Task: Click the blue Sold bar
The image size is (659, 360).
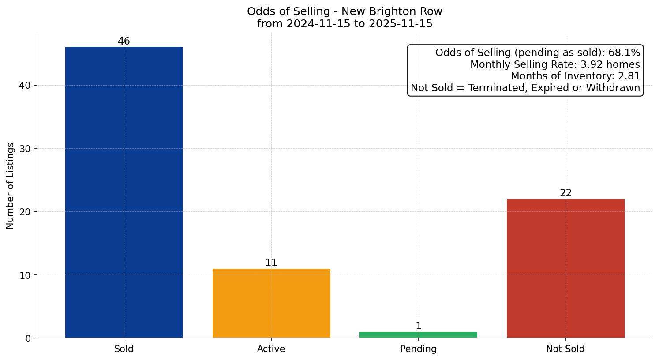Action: pyautogui.click(x=124, y=192)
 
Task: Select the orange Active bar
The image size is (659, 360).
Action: pyautogui.click(x=271, y=303)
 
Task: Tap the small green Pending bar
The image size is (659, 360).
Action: pyautogui.click(x=418, y=335)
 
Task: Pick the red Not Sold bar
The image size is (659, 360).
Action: pyautogui.click(x=565, y=268)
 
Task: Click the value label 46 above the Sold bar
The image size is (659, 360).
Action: pyautogui.click(x=124, y=41)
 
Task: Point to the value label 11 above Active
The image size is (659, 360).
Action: pyautogui.click(x=271, y=263)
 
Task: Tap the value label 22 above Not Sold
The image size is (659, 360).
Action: pyautogui.click(x=565, y=193)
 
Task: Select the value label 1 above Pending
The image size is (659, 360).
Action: pyautogui.click(x=418, y=326)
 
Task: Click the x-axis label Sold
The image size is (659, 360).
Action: pyautogui.click(x=124, y=349)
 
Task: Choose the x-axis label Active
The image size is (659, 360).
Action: pyautogui.click(x=271, y=349)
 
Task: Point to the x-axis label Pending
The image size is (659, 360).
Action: pyautogui.click(x=418, y=349)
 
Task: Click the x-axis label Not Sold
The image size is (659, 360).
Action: pyautogui.click(x=565, y=349)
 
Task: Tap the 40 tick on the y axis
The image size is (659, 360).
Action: pyautogui.click(x=25, y=86)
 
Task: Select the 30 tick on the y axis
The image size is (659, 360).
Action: pyautogui.click(x=25, y=149)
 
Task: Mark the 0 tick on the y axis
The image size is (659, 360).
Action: pyautogui.click(x=28, y=338)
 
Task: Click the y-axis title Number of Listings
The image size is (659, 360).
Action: pyautogui.click(x=11, y=186)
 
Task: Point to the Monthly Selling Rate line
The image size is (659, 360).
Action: pyautogui.click(x=555, y=65)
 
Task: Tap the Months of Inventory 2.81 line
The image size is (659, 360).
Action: pyautogui.click(x=575, y=76)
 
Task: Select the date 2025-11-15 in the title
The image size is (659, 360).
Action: pyautogui.click(x=401, y=24)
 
